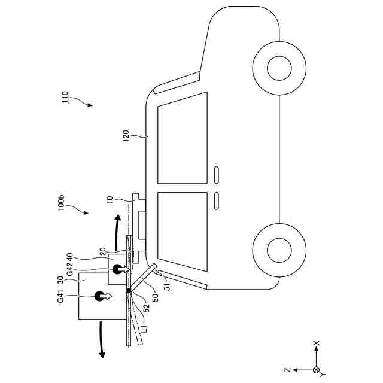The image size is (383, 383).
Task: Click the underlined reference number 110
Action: click(65, 98)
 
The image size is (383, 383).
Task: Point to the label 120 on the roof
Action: click(126, 136)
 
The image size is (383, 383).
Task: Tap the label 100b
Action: click(61, 203)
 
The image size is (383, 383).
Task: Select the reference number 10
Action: click(110, 200)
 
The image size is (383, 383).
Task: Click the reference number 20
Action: click(102, 251)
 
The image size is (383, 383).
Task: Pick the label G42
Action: click(70, 269)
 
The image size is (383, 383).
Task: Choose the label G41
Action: click(60, 296)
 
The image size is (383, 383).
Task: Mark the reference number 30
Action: click(60, 280)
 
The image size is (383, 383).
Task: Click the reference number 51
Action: click(168, 286)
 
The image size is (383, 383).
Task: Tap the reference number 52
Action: click(146, 308)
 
